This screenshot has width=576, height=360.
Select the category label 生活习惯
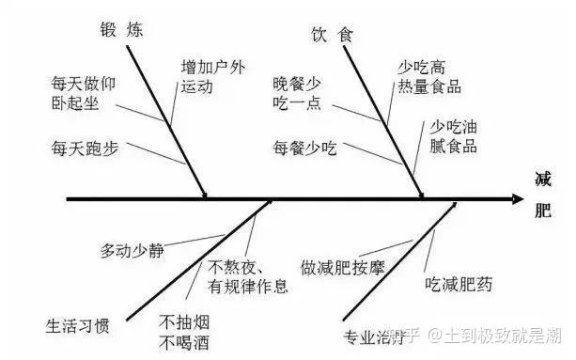(78, 327)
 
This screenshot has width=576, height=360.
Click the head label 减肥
(543, 194)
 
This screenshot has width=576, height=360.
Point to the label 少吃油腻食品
(454, 135)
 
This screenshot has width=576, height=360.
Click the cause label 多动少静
(132, 251)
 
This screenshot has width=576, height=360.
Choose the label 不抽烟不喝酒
(182, 325)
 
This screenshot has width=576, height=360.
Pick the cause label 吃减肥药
(459, 283)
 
